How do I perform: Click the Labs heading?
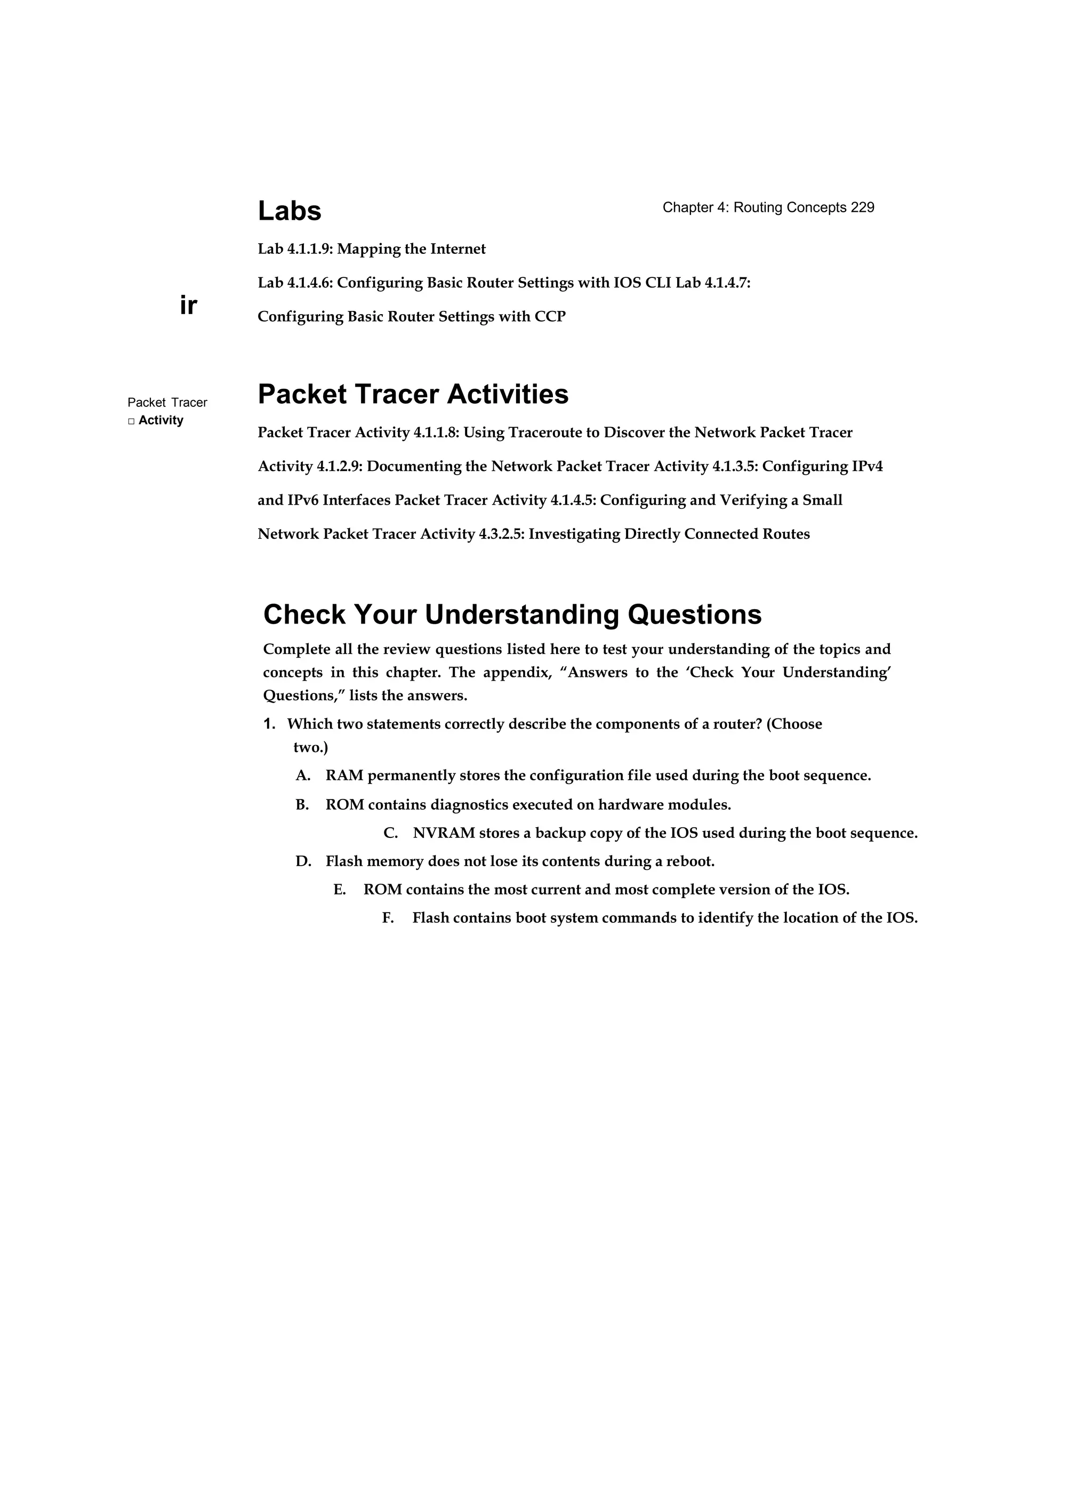pyautogui.click(x=289, y=211)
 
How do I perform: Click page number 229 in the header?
pyautogui.click(x=862, y=207)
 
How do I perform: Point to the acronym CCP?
pyautogui.click(x=550, y=317)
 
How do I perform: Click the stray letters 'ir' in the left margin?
pyautogui.click(x=188, y=306)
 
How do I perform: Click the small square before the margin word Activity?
pyautogui.click(x=131, y=421)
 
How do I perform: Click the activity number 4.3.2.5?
pyautogui.click(x=501, y=534)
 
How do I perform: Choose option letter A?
pyautogui.click(x=302, y=776)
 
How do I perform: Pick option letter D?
pyautogui.click(x=303, y=862)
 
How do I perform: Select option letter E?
pyautogui.click(x=339, y=890)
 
